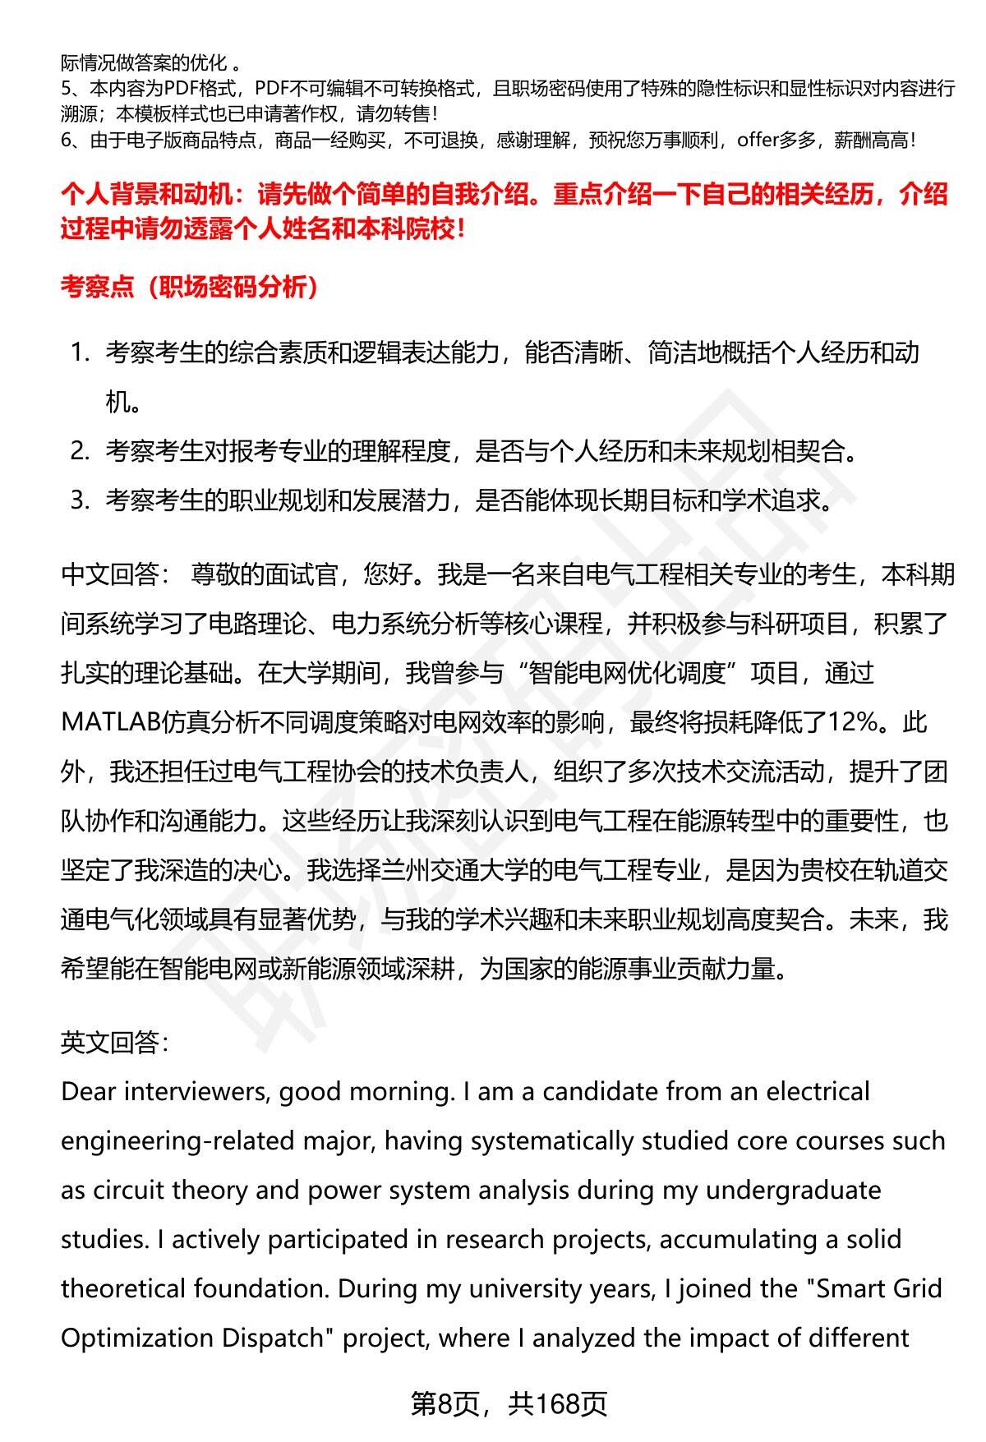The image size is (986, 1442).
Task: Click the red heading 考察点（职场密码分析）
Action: click(x=190, y=288)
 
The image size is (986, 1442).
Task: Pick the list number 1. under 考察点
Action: click(x=80, y=353)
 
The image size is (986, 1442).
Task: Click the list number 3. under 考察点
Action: click(x=80, y=500)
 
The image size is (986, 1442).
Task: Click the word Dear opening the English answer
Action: click(x=88, y=1092)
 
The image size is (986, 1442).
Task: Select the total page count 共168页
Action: click(x=557, y=1403)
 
